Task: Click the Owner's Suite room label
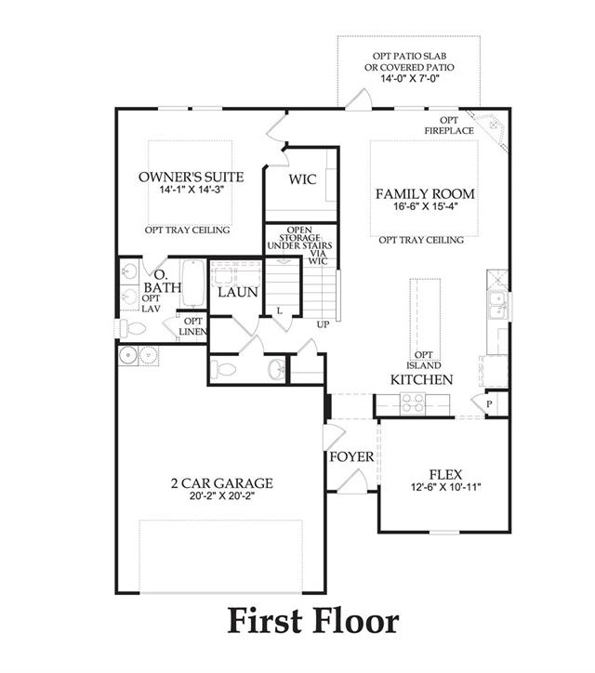[191, 177]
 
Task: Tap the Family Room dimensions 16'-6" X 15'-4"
[426, 206]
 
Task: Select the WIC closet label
[303, 179]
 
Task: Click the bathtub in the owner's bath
[193, 283]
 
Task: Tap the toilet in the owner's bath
[132, 329]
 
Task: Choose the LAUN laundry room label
[237, 293]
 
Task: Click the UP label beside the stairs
[323, 324]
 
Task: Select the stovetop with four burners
[413, 403]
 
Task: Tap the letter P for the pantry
[489, 403]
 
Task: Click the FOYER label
[351, 456]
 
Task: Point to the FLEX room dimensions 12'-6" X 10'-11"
[445, 487]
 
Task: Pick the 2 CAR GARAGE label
[222, 483]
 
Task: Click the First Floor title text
[313, 621]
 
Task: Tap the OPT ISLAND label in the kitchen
[424, 360]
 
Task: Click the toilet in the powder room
[223, 369]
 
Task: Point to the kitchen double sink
[498, 305]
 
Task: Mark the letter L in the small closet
[280, 310]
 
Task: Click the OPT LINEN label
[192, 326]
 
